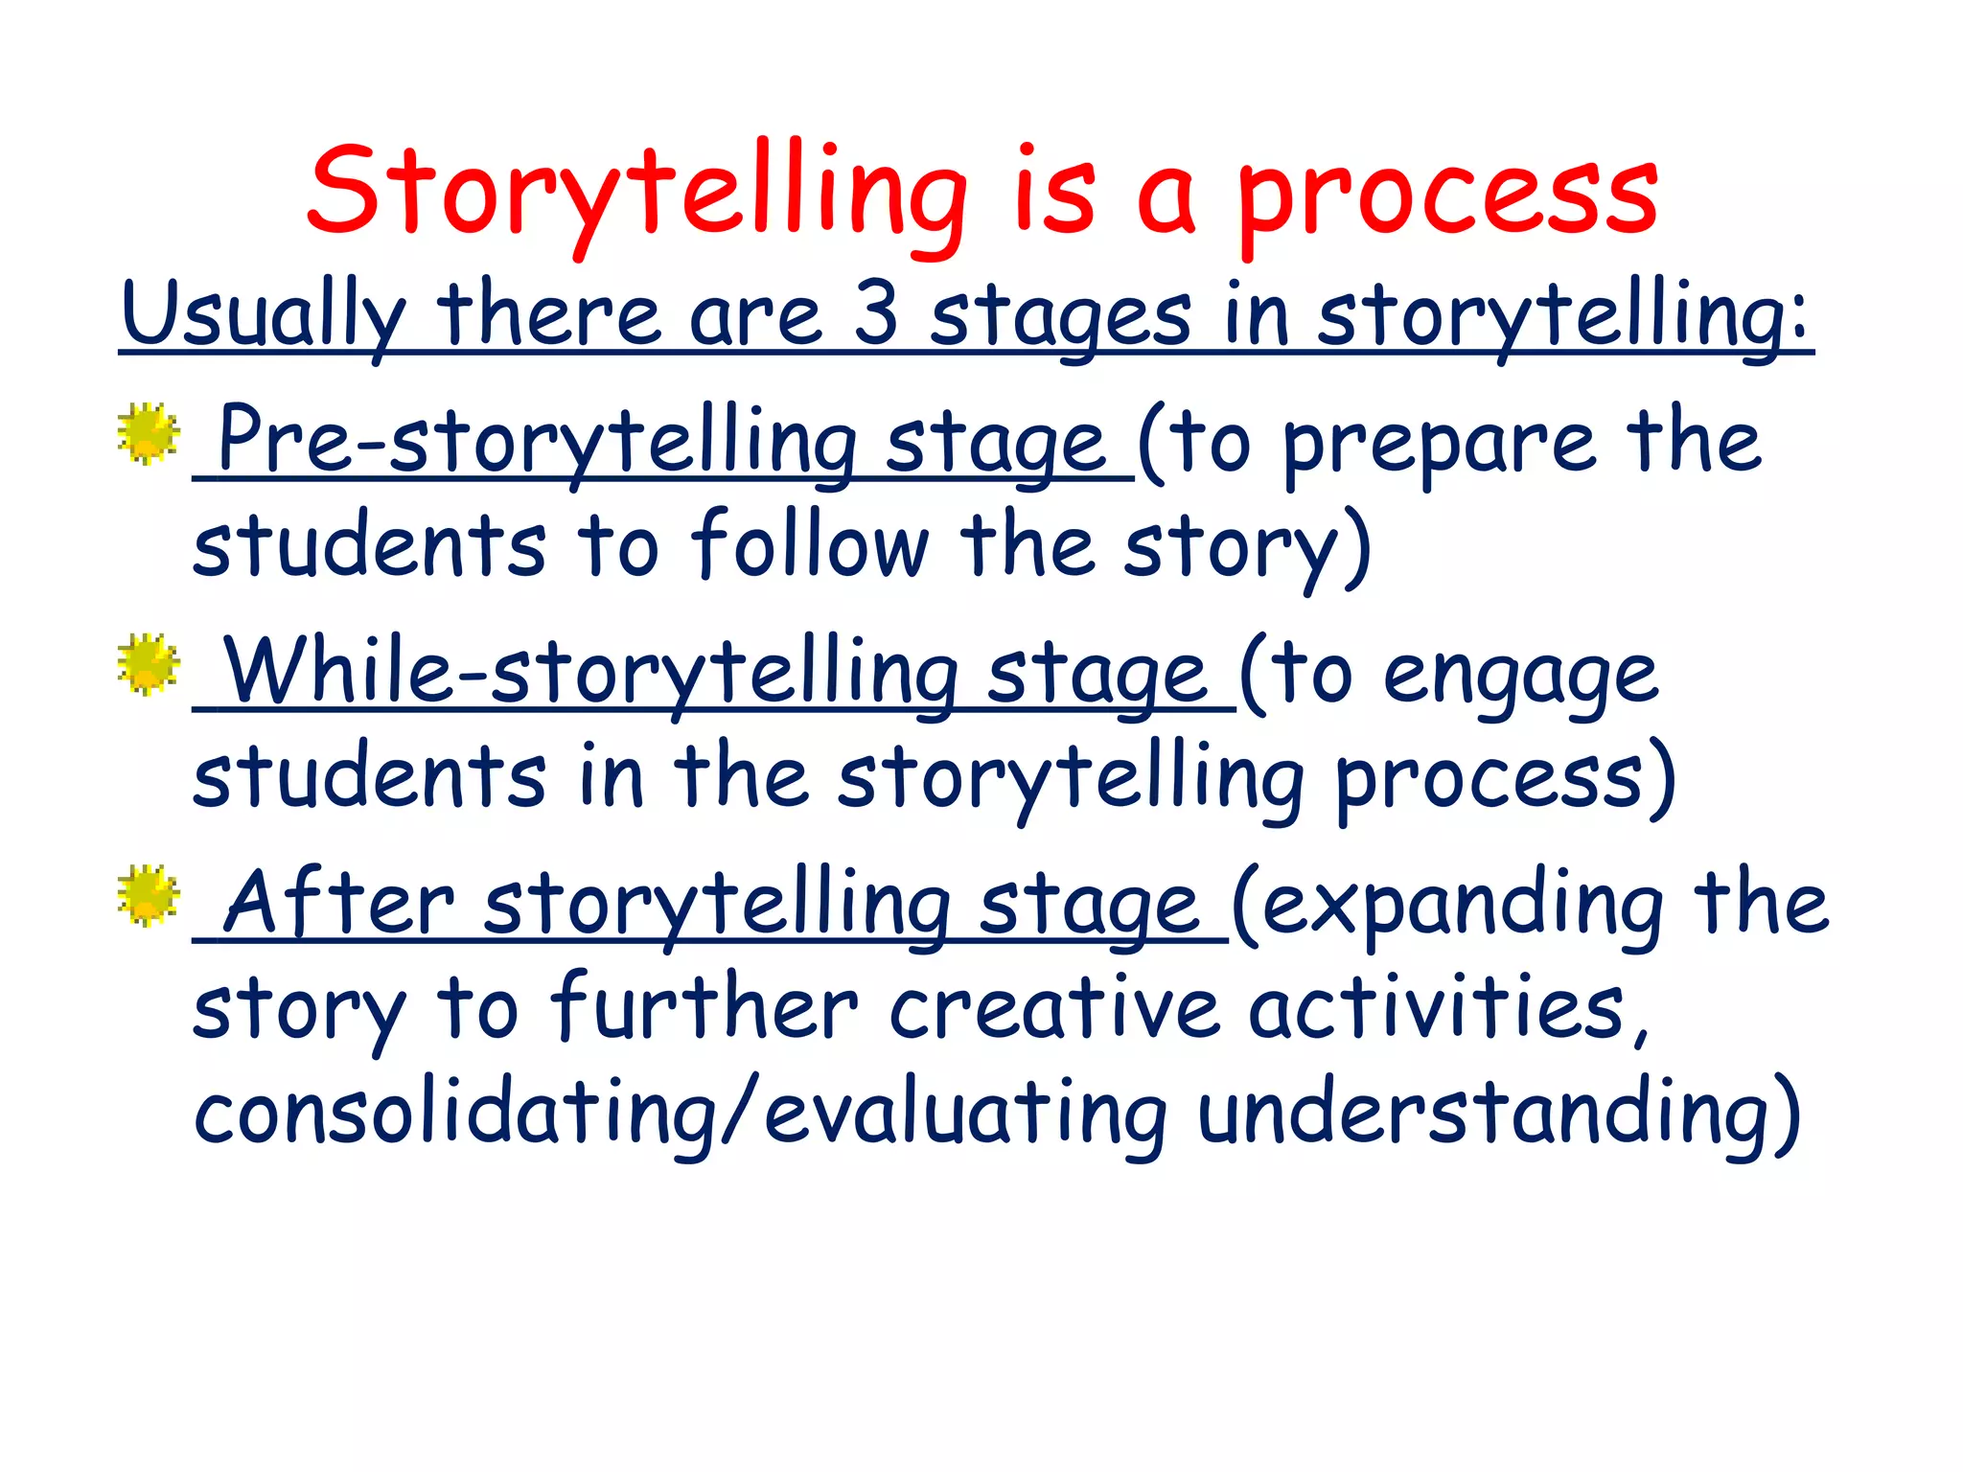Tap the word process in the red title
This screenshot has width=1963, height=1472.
pyautogui.click(x=1447, y=196)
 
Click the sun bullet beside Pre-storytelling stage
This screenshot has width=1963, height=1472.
pyautogui.click(x=149, y=434)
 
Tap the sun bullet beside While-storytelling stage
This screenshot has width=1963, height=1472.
pyautogui.click(x=149, y=663)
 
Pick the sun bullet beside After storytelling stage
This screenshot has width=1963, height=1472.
pyautogui.click(x=149, y=895)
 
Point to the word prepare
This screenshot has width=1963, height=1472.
pyautogui.click(x=1438, y=446)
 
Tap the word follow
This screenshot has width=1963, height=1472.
pyautogui.click(x=810, y=545)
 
